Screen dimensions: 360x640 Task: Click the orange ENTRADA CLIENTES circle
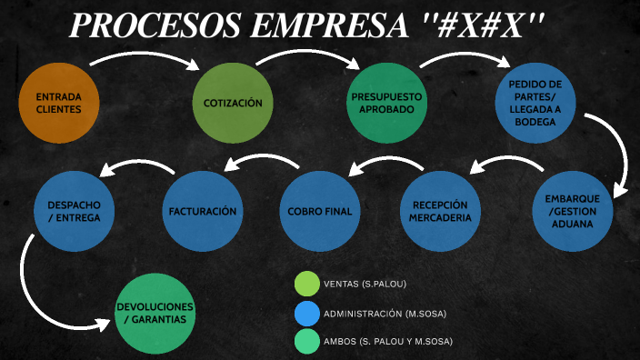59,102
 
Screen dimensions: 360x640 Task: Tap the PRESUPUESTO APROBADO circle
386,103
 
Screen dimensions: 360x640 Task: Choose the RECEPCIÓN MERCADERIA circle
440,211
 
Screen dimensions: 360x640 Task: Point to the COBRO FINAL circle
319,211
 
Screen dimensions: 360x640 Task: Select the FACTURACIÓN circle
203,211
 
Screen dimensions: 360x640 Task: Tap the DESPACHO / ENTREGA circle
75,211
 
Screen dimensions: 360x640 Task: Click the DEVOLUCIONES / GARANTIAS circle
156,313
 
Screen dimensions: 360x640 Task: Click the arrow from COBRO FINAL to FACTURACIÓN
264,160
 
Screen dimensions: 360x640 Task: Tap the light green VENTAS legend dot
307,285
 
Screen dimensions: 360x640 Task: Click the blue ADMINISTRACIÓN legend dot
307,313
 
